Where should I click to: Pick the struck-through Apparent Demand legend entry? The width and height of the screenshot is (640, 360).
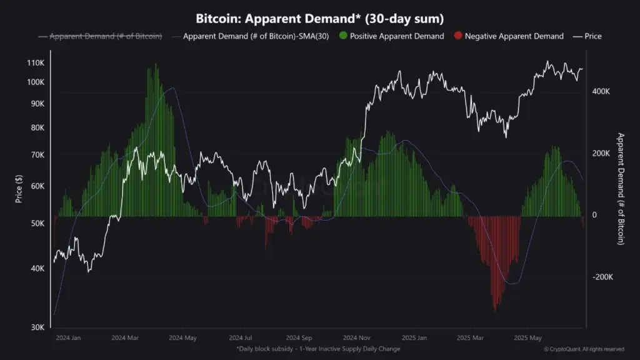pos(100,36)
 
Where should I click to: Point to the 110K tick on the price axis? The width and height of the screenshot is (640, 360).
pos(36,64)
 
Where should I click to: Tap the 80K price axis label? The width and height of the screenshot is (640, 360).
pos(37,128)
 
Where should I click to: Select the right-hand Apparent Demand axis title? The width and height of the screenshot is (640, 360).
pos(621,189)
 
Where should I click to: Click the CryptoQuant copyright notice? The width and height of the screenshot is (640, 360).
pos(583,349)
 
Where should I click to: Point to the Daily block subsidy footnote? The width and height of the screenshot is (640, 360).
pos(318,349)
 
